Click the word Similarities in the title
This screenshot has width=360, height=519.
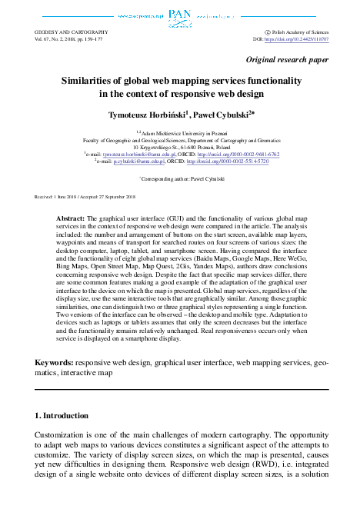point(89,80)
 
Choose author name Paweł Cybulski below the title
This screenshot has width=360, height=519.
point(221,113)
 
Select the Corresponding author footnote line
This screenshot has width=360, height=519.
point(180,178)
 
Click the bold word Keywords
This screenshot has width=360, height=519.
point(53,362)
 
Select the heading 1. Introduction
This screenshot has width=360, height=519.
point(62,415)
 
